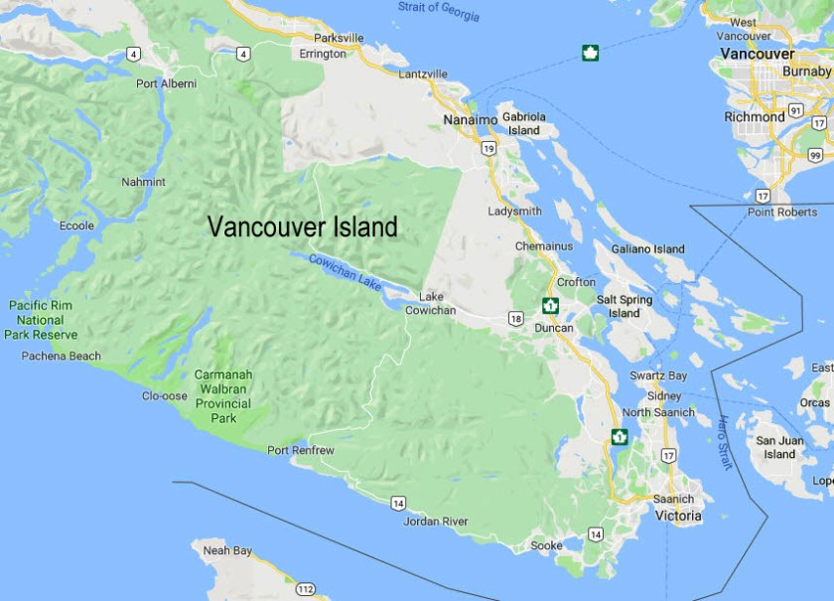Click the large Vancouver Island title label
302,227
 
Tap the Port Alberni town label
167,84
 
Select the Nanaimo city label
470,120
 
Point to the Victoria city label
678,517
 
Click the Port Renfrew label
301,451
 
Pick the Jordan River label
436,521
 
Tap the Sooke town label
546,545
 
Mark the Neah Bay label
227,550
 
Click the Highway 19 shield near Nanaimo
487,148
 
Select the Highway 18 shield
515,318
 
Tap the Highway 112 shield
305,589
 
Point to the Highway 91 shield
795,110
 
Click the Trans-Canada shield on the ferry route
590,53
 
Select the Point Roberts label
782,212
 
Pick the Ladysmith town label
514,212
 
